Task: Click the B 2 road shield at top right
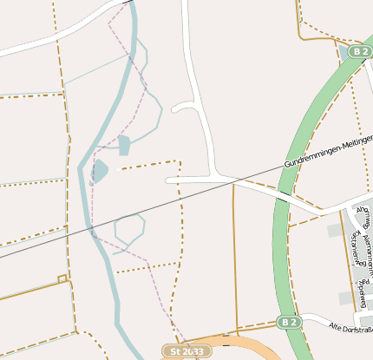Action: click(x=360, y=52)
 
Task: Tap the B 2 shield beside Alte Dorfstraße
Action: click(x=290, y=323)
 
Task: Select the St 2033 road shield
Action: click(x=186, y=351)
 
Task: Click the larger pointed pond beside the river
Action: click(x=99, y=171)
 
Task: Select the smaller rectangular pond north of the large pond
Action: click(x=124, y=145)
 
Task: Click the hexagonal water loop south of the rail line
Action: click(x=129, y=229)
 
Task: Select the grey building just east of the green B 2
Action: click(x=335, y=230)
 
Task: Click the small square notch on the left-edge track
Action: click(x=62, y=278)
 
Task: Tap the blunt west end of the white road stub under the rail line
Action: click(x=168, y=180)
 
